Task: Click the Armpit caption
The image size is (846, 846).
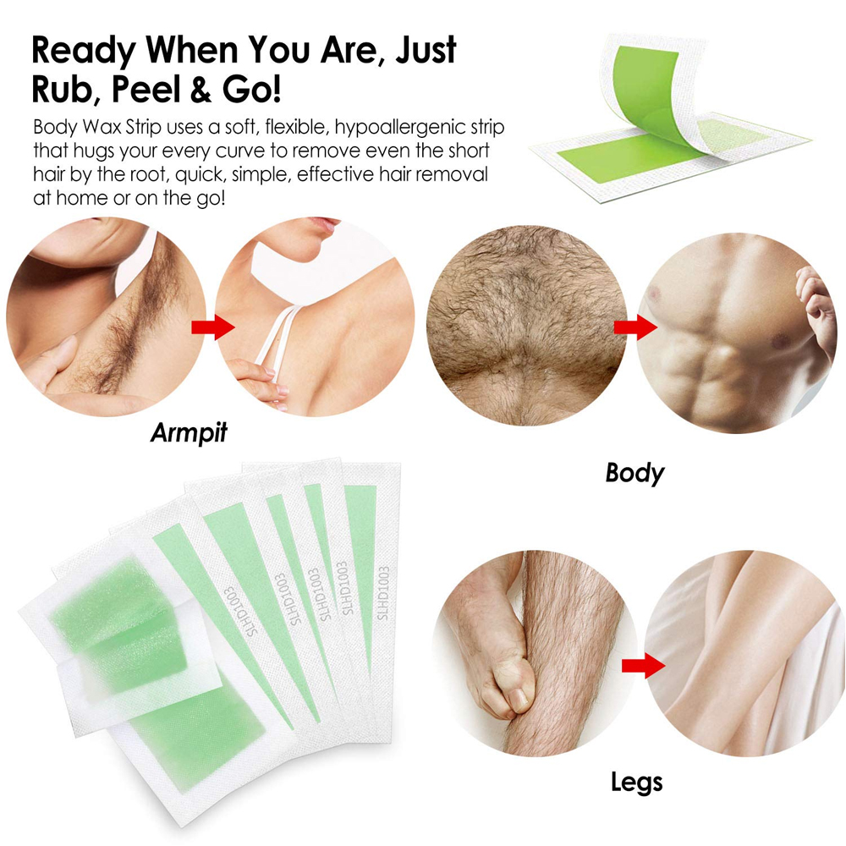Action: (x=189, y=432)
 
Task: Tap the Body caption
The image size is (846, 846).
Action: (x=634, y=473)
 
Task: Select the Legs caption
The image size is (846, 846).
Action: (x=637, y=782)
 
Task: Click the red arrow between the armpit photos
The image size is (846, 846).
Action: (x=213, y=327)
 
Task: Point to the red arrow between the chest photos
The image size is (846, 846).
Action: (x=635, y=327)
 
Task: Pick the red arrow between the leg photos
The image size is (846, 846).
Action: (x=643, y=666)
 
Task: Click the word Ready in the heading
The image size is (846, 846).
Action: (x=84, y=52)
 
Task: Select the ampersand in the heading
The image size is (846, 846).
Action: (x=201, y=90)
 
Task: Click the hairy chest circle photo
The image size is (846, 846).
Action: (x=526, y=326)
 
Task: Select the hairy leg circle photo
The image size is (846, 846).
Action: (x=535, y=653)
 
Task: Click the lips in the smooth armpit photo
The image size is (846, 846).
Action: (x=326, y=224)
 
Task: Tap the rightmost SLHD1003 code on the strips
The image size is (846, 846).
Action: (x=383, y=593)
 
